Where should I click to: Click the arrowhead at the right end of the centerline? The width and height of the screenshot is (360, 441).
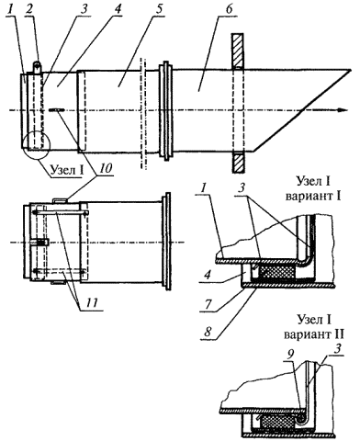click(343, 110)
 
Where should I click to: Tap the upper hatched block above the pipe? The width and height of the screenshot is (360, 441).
click(238, 51)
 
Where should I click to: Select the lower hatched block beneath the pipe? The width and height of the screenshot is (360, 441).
click(238, 163)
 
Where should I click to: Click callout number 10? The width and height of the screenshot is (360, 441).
click(104, 169)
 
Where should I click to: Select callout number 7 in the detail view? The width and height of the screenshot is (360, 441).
click(208, 304)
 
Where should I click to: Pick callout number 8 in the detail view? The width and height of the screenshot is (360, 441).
click(208, 332)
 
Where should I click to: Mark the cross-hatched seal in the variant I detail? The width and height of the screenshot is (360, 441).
click(277, 272)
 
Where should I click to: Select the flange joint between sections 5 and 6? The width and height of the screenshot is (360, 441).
click(166, 111)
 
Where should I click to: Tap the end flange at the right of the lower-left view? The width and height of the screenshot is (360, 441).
click(167, 242)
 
